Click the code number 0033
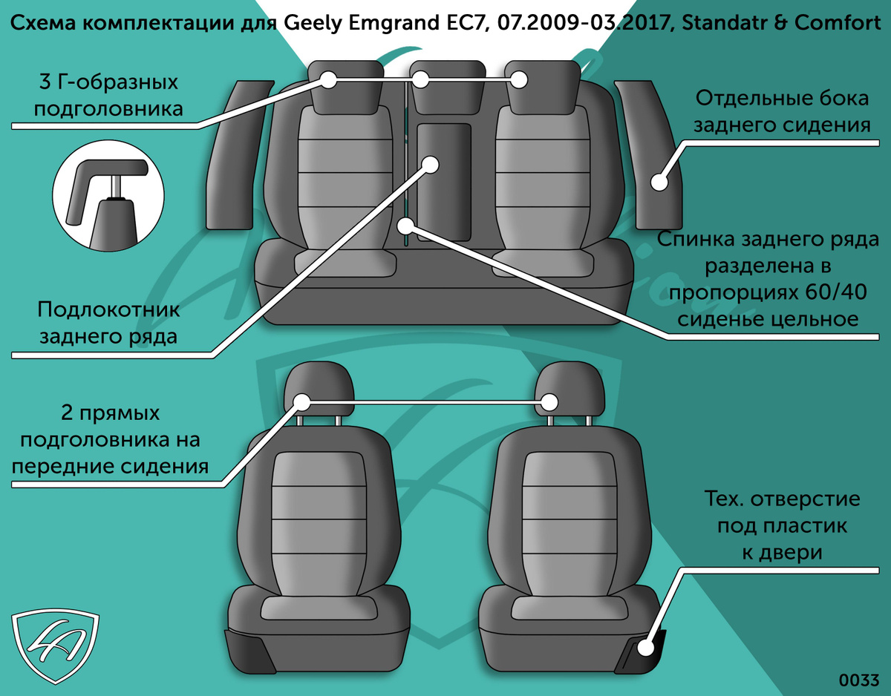[x=858, y=680]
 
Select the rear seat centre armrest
[x=444, y=182]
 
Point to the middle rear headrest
[x=447, y=87]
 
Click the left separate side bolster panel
[x=238, y=155]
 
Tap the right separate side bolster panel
[x=650, y=155]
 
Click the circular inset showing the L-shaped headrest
[x=108, y=196]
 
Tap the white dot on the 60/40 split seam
[x=407, y=226]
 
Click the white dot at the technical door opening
[x=646, y=648]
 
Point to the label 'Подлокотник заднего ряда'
[x=108, y=323]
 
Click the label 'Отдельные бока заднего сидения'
[x=782, y=111]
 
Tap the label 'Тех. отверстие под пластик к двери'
[x=782, y=525]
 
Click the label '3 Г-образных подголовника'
[x=108, y=96]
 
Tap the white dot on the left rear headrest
[x=328, y=80]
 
